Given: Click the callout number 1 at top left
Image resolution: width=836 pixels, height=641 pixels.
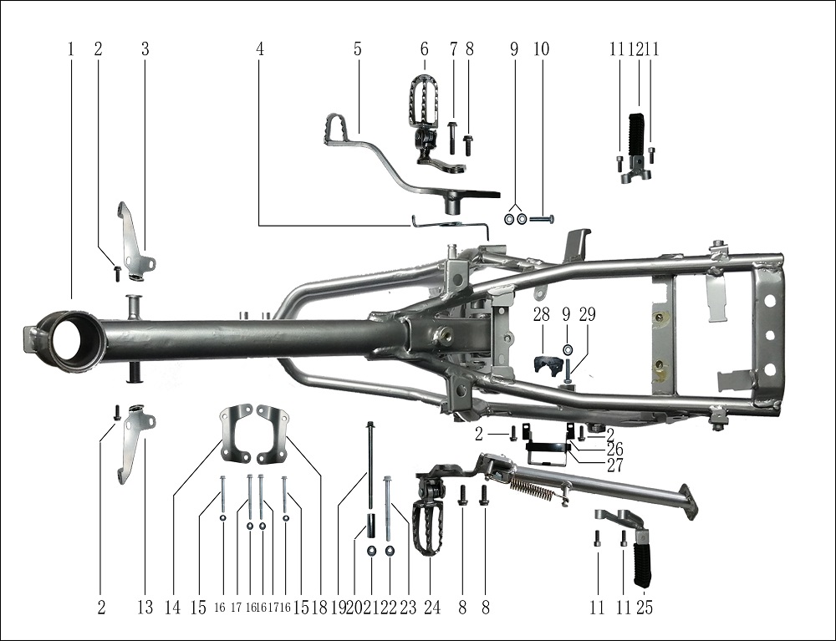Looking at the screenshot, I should point(71,49).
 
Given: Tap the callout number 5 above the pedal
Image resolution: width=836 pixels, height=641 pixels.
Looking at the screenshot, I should point(358,49).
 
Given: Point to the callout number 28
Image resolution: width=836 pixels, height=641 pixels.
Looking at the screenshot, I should point(542,315).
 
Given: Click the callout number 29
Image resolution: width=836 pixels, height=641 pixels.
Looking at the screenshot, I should point(588,315).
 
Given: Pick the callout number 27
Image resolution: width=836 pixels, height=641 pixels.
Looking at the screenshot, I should point(614,465).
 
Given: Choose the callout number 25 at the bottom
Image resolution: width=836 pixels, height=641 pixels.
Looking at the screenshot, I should point(644,608).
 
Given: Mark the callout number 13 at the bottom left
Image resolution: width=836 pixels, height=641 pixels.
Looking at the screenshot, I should point(145,608).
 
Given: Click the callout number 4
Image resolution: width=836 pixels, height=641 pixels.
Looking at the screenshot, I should point(260,49).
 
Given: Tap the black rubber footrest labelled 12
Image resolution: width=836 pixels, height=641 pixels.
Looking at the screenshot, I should point(636,137).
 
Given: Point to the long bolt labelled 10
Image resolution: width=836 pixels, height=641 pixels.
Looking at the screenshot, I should point(541,219).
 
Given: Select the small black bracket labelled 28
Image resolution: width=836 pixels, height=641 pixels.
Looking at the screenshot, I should point(545,365).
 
